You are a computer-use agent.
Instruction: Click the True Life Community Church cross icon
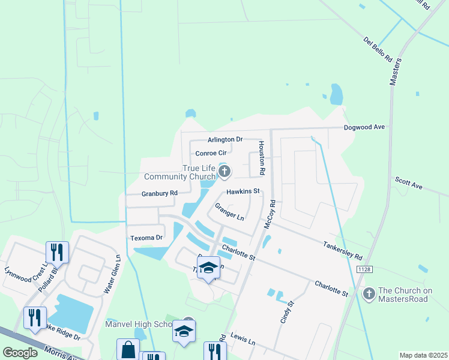coord(224,172)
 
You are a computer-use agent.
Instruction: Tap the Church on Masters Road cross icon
coord(369,294)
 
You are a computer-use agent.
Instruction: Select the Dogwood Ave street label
coord(364,127)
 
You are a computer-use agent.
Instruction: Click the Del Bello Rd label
coord(377,50)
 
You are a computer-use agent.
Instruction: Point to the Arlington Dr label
coord(225,139)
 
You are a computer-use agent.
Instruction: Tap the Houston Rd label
coord(262,158)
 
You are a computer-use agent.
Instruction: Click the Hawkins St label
coord(243,191)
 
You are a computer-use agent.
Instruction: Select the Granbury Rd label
coord(160,193)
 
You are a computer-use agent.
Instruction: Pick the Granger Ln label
coord(229,211)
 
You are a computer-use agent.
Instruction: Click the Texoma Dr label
coord(146,238)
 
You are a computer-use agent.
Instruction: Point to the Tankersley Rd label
coord(343,246)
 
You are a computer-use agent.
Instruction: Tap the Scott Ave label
coord(409,182)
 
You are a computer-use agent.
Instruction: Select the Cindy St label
coord(288,313)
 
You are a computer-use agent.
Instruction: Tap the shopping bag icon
coord(128,349)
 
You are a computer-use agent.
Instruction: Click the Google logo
coord(20,353)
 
